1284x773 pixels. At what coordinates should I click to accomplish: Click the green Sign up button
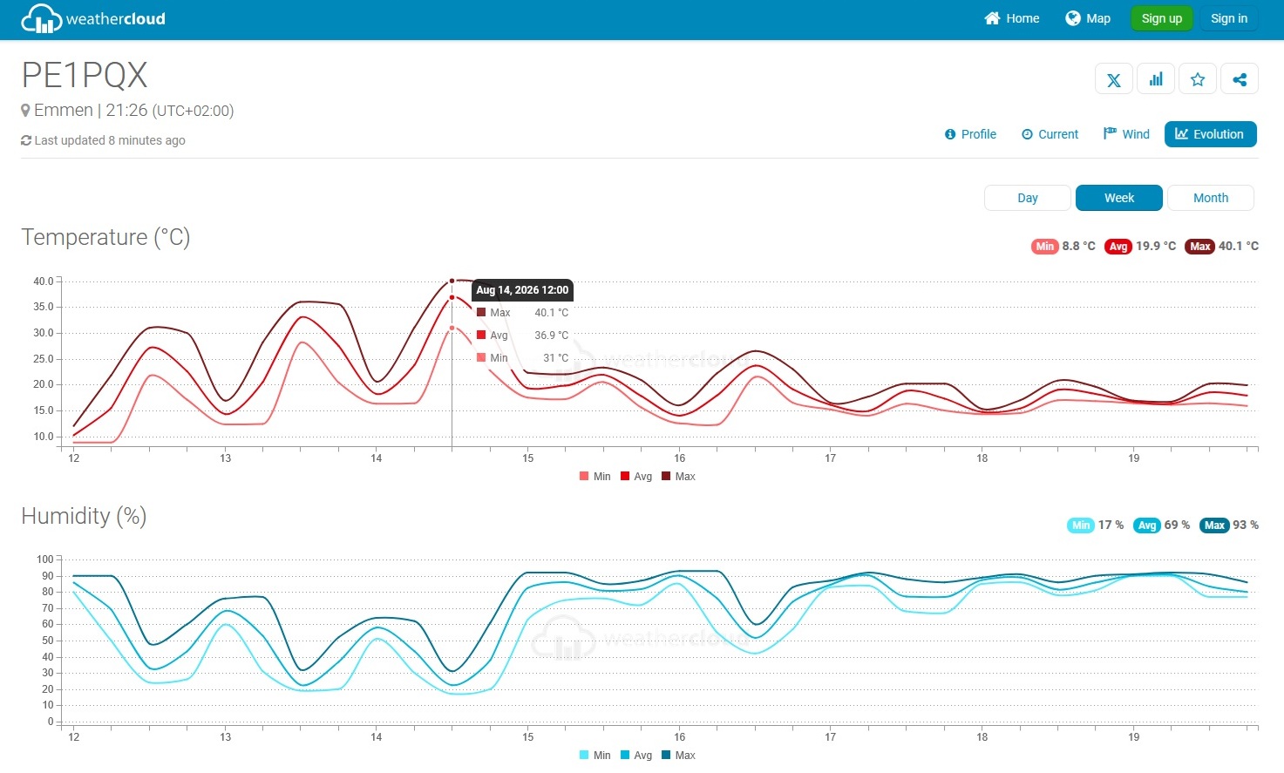tap(1161, 18)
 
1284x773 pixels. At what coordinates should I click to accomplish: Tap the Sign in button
tap(1228, 18)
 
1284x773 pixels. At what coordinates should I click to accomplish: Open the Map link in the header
tap(1087, 18)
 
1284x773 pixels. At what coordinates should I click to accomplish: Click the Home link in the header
tap(1012, 18)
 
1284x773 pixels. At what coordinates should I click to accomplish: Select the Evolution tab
tap(1210, 134)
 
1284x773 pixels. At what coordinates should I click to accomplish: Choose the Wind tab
tap(1126, 134)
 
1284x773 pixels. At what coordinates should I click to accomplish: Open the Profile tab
tap(970, 134)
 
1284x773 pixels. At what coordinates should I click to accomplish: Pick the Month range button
tap(1211, 198)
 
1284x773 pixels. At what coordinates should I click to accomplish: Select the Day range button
tap(1027, 198)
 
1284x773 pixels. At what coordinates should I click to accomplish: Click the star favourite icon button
tap(1198, 79)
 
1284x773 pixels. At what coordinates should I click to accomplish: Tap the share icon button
tap(1240, 79)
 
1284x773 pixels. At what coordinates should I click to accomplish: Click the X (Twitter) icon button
tap(1114, 79)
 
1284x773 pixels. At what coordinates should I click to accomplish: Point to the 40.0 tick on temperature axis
tap(43, 281)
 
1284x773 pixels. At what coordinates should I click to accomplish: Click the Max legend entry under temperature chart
tap(678, 476)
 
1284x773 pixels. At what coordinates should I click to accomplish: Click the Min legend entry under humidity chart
tap(595, 755)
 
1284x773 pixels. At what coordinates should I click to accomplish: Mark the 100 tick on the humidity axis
tap(44, 559)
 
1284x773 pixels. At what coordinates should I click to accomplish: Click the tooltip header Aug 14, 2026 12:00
tap(522, 290)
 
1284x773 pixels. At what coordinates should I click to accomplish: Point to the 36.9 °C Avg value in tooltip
tap(552, 336)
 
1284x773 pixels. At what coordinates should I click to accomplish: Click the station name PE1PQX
tap(85, 75)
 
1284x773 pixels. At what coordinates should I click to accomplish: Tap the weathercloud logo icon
tap(41, 18)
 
